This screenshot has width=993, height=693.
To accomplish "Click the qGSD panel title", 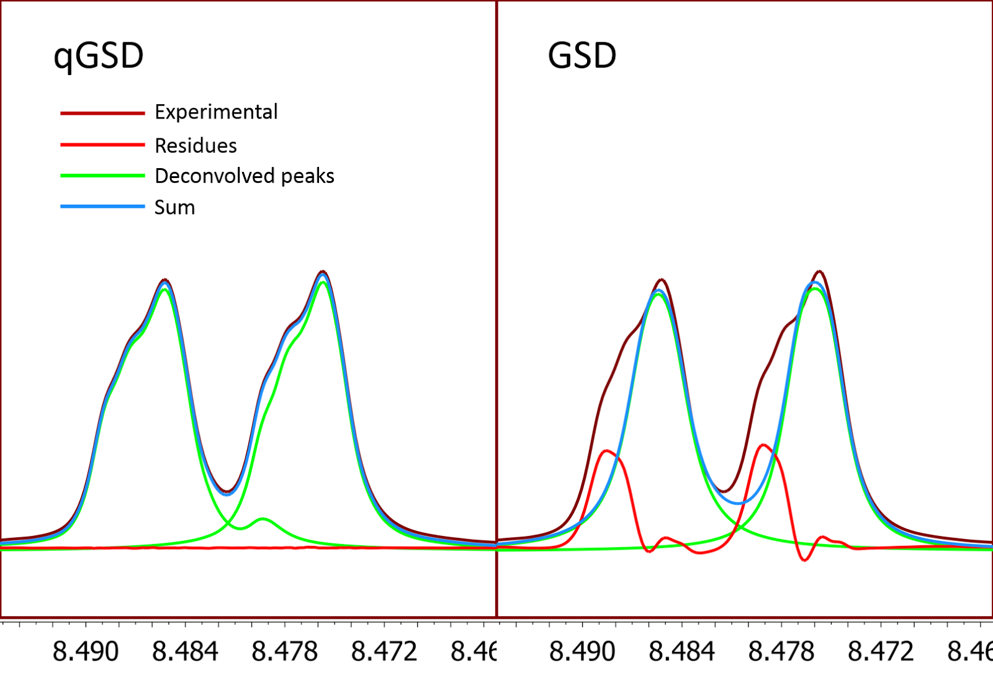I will (x=99, y=56).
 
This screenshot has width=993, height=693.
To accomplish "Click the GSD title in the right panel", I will (x=582, y=56).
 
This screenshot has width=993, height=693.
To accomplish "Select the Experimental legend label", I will (x=216, y=112).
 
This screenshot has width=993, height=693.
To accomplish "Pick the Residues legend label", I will (x=195, y=145).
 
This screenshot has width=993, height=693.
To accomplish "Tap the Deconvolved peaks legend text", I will (x=245, y=176).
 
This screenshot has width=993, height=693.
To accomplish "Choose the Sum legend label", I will (x=174, y=207).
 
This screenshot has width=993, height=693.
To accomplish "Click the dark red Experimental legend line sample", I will (x=102, y=113).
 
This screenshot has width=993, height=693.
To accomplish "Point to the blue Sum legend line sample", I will (x=102, y=206).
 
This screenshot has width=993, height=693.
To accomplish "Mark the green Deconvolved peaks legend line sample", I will (x=102, y=176).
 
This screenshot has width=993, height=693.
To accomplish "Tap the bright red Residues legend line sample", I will (x=102, y=145).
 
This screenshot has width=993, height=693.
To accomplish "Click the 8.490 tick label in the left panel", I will (x=86, y=651).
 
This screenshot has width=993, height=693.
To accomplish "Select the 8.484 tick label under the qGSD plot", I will (x=185, y=651).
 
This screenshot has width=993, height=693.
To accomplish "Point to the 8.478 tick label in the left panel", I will (x=285, y=651).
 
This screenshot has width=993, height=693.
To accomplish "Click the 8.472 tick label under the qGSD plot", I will (x=384, y=651).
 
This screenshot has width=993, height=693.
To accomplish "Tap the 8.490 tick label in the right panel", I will (x=582, y=651).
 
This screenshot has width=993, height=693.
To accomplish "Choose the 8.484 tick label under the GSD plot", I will (x=681, y=651).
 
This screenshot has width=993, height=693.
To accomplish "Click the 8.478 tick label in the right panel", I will (x=781, y=651).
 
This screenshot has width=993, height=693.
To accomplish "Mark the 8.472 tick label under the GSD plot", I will (x=881, y=651).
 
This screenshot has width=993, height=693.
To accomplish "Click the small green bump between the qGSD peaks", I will (x=263, y=519).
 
